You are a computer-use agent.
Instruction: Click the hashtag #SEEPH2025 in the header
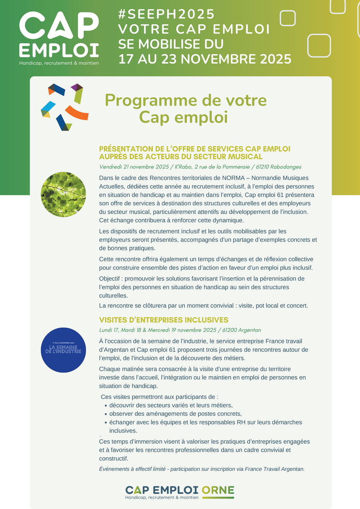166,14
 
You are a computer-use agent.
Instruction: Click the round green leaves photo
63,194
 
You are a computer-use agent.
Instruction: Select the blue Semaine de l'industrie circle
63,350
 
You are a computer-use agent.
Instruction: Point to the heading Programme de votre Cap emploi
186,108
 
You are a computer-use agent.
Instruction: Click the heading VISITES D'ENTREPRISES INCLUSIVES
163,320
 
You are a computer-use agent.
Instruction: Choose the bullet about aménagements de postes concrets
175,414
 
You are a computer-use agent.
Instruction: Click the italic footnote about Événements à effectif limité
202,469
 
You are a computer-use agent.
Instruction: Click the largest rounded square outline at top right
319,45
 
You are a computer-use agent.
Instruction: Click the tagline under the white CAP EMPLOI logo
59,63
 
